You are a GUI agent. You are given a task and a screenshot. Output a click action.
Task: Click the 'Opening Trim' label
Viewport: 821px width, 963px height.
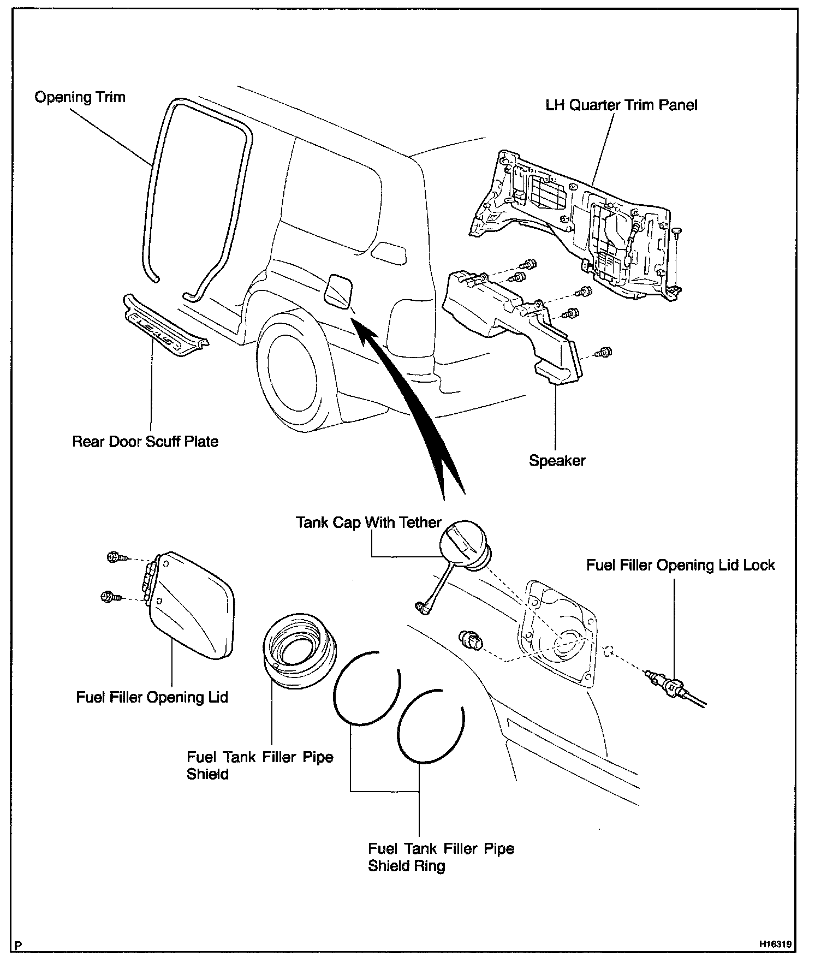(80, 98)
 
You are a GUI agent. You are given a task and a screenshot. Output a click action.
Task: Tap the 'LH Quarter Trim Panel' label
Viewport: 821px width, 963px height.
(621, 105)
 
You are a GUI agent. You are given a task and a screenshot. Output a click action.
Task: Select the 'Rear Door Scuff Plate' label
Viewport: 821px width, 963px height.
(145, 441)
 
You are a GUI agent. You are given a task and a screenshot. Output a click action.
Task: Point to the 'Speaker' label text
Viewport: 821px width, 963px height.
(557, 460)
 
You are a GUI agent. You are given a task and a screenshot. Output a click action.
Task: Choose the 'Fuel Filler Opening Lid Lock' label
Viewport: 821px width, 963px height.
(680, 564)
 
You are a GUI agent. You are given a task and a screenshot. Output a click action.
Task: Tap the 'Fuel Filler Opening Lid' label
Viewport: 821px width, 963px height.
(152, 697)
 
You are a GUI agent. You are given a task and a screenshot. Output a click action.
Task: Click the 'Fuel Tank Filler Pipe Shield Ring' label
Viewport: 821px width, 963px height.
(441, 857)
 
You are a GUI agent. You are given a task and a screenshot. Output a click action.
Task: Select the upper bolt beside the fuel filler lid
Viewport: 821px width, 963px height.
(115, 558)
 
